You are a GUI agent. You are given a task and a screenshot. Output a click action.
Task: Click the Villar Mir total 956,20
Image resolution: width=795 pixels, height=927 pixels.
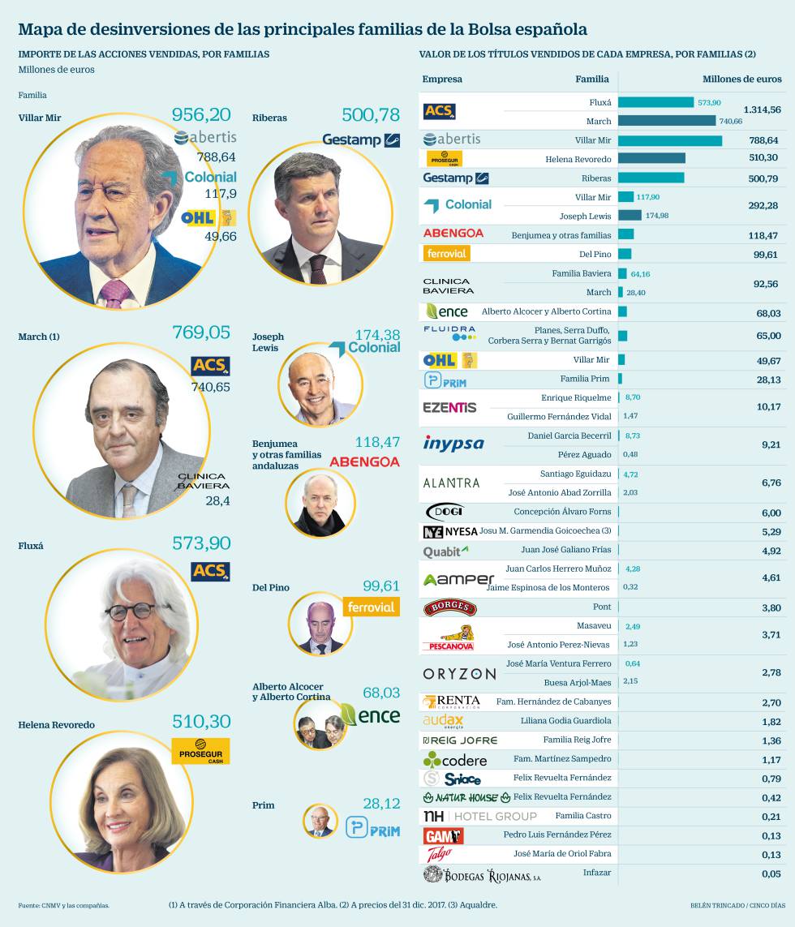(x=201, y=115)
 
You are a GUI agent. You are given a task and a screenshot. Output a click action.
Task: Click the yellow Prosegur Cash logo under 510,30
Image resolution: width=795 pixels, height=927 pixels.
(x=200, y=751)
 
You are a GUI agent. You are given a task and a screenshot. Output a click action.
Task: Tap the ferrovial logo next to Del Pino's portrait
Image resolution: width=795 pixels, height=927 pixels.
(x=371, y=607)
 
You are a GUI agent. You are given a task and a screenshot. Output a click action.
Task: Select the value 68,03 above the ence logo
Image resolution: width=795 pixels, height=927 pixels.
(x=380, y=693)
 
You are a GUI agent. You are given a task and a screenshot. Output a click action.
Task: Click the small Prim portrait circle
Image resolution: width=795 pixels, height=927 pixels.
(x=320, y=821)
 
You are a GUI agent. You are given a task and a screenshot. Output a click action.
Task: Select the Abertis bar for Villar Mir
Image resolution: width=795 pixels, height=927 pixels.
(x=669, y=140)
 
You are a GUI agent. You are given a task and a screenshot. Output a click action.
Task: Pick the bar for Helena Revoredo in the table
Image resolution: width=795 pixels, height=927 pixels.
(x=651, y=158)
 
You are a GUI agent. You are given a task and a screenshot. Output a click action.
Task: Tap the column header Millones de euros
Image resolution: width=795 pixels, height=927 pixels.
(x=741, y=79)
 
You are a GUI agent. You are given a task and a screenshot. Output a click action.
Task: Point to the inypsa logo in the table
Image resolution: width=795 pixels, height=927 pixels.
(x=453, y=444)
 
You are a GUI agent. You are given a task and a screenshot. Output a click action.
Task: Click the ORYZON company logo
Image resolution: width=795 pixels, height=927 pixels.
(x=459, y=673)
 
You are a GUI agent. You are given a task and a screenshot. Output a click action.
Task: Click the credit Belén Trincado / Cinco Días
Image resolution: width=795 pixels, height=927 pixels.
(x=730, y=905)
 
